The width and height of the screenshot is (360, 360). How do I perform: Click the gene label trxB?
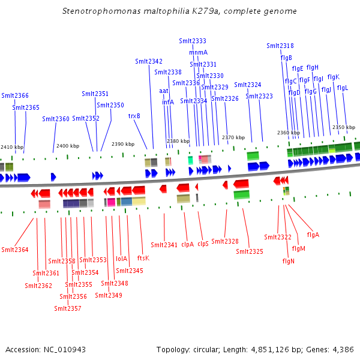(x=134, y=116)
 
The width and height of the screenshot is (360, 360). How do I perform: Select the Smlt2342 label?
(x=149, y=61)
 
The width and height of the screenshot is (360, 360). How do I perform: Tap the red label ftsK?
(x=143, y=258)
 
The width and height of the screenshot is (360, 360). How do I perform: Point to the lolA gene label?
(x=122, y=259)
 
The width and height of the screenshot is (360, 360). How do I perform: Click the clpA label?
(x=187, y=244)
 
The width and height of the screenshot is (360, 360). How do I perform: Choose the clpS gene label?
(x=203, y=244)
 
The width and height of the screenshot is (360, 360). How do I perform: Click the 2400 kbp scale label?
(x=68, y=146)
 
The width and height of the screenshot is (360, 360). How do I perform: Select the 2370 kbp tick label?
(x=233, y=137)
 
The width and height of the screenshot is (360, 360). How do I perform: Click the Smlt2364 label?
(x=15, y=250)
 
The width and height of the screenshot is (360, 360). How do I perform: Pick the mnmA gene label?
(x=198, y=52)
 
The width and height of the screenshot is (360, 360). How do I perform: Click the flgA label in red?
(x=313, y=235)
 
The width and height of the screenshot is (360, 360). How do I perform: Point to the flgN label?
(x=288, y=261)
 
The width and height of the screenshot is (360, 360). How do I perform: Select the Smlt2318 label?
(x=280, y=46)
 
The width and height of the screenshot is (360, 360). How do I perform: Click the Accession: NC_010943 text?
(x=46, y=349)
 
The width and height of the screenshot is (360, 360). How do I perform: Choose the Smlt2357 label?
(x=68, y=308)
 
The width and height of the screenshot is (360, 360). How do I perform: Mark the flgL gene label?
(x=343, y=88)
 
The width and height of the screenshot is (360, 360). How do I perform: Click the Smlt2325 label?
(x=250, y=251)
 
